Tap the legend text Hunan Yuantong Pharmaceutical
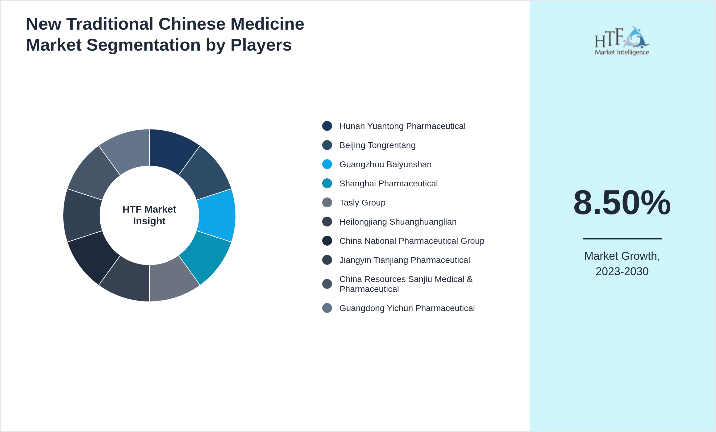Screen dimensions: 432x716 tap(402, 126)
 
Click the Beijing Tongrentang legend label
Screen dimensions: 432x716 tap(377, 145)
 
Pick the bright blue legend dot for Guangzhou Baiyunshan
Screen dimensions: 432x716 tap(327, 164)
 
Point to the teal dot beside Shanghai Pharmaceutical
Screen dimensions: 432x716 tap(327, 183)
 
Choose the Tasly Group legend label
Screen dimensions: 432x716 tap(362, 203)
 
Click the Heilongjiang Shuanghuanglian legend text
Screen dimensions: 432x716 tap(398, 222)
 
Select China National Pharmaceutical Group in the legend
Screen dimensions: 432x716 tap(412, 241)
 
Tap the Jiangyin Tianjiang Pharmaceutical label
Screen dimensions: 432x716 tap(404, 260)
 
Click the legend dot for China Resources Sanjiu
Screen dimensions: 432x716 tap(327, 284)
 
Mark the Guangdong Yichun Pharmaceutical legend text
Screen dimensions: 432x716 tap(407, 308)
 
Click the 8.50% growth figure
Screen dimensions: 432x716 tap(622, 203)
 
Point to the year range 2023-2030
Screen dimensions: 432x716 tap(622, 272)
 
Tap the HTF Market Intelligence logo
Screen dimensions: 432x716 tap(622, 41)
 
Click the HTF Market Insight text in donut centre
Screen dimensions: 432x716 tap(149, 215)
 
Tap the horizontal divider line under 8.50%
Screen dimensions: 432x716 tap(622, 239)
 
